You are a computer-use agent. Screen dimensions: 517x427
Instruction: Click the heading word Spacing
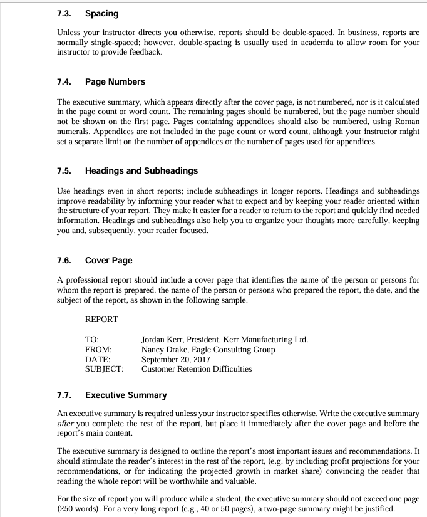tap(101, 13)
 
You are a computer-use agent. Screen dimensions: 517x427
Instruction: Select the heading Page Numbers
tap(115, 82)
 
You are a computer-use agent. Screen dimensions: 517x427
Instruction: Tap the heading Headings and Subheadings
tap(141, 170)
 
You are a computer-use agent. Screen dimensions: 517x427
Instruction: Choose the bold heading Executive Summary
tap(126, 395)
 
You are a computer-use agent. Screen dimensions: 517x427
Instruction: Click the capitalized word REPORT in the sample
tap(101, 319)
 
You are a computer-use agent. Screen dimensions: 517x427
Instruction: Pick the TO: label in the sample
tap(92, 340)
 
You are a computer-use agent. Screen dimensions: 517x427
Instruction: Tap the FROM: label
tap(98, 349)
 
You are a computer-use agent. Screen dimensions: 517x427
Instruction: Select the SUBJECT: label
tap(104, 369)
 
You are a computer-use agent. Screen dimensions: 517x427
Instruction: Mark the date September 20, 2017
tap(176, 359)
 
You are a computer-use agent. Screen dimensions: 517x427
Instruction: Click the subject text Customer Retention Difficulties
tap(197, 369)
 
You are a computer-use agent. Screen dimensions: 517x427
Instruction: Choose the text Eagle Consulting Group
tap(233, 349)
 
